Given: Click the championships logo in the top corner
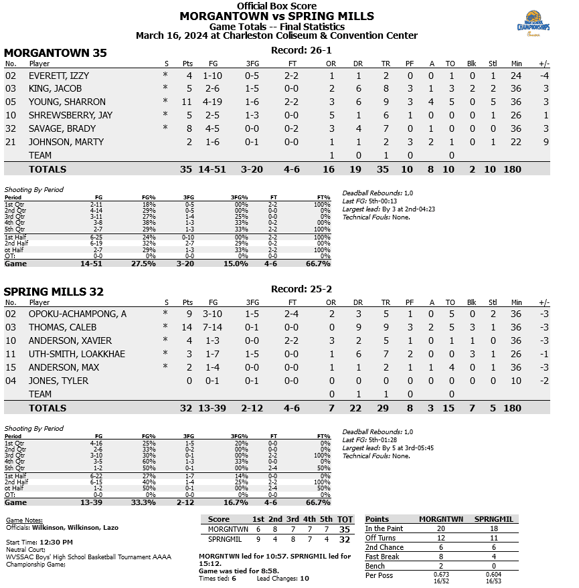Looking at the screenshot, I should [x=533, y=27].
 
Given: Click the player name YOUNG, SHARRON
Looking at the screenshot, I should [x=67, y=102].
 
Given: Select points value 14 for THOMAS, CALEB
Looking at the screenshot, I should [x=187, y=327].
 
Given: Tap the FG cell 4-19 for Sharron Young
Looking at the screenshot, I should [x=212, y=102].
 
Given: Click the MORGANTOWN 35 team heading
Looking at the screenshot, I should [x=56, y=53].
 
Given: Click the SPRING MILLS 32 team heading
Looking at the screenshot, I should [x=54, y=292].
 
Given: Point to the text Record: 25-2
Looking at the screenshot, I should [x=301, y=290].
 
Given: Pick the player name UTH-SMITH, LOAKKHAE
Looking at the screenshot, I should [x=76, y=354].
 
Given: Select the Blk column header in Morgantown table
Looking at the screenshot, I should [x=471, y=64].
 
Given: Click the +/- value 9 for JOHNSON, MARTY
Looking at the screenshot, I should [x=546, y=142].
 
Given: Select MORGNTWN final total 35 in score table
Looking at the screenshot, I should [x=345, y=529].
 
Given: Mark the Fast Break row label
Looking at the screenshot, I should [x=382, y=557].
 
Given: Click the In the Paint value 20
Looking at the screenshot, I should [x=440, y=528].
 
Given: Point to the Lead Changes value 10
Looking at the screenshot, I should [x=304, y=578].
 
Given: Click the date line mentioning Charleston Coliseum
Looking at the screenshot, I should [x=276, y=36].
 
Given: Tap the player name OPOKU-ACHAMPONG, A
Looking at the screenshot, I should [x=77, y=314].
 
